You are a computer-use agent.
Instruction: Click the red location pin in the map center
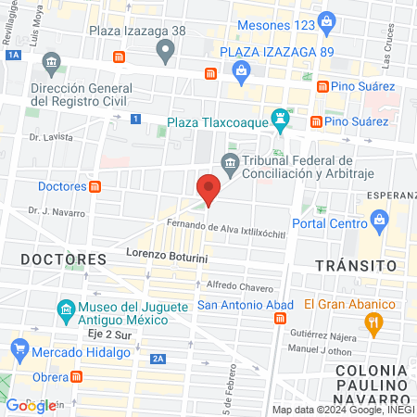pyautogui.click(x=208, y=189)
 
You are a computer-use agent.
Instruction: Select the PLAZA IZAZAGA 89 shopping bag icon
pyautogui.click(x=241, y=70)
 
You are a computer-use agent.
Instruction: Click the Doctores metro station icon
pyautogui.click(x=95, y=186)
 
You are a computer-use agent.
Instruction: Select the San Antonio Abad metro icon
pyautogui.click(x=280, y=318)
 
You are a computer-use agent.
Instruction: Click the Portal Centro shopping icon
pyautogui.click(x=379, y=219)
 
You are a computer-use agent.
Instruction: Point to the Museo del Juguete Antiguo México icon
pyautogui.click(x=66, y=309)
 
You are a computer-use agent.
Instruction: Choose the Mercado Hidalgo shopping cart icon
pyautogui.click(x=19, y=349)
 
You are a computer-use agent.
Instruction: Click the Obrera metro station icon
pyautogui.click(x=77, y=376)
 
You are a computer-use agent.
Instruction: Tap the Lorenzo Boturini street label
pyautogui.click(x=166, y=252)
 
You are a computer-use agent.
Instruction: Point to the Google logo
pyautogui.click(x=32, y=405)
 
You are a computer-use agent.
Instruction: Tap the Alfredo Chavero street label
pyautogui.click(x=239, y=284)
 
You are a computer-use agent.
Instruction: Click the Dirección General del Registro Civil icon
pyautogui.click(x=51, y=65)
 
